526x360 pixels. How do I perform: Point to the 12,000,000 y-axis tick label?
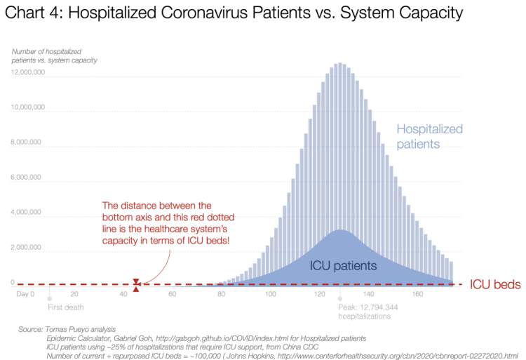pyautogui.click(x=28, y=73)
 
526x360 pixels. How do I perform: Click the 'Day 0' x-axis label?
pyautogui.click(x=25, y=294)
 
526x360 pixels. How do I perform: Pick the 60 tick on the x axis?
pyautogui.click(x=172, y=294)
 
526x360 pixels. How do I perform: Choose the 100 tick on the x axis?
pyautogui.click(x=270, y=294)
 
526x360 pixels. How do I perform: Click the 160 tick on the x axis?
pyautogui.click(x=417, y=294)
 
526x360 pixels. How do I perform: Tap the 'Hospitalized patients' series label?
pyautogui.click(x=429, y=136)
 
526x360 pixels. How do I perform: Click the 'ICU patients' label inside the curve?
pyautogui.click(x=344, y=266)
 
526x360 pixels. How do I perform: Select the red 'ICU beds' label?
pyautogui.click(x=494, y=285)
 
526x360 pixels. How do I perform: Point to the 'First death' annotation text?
pyautogui.click(x=65, y=307)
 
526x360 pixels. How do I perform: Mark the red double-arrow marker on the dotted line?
pyautogui.click(x=136, y=285)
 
